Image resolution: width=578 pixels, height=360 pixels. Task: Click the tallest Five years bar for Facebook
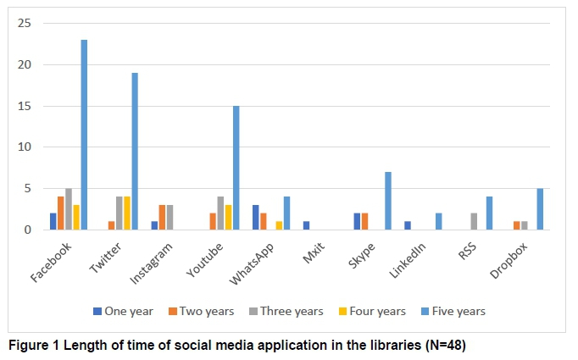click(84, 135)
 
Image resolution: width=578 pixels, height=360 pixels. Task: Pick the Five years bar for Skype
click(388, 201)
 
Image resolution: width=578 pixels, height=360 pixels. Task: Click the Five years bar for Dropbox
click(540, 209)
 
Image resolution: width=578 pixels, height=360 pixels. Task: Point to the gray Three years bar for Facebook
click(68, 209)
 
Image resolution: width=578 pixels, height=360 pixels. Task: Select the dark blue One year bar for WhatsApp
click(255, 218)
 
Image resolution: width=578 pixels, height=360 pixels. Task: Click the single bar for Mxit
click(306, 226)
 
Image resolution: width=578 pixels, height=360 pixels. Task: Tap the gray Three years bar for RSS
click(474, 222)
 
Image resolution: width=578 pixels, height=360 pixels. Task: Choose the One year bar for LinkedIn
click(408, 226)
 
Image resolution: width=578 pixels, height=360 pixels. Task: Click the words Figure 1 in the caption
click(35, 346)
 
